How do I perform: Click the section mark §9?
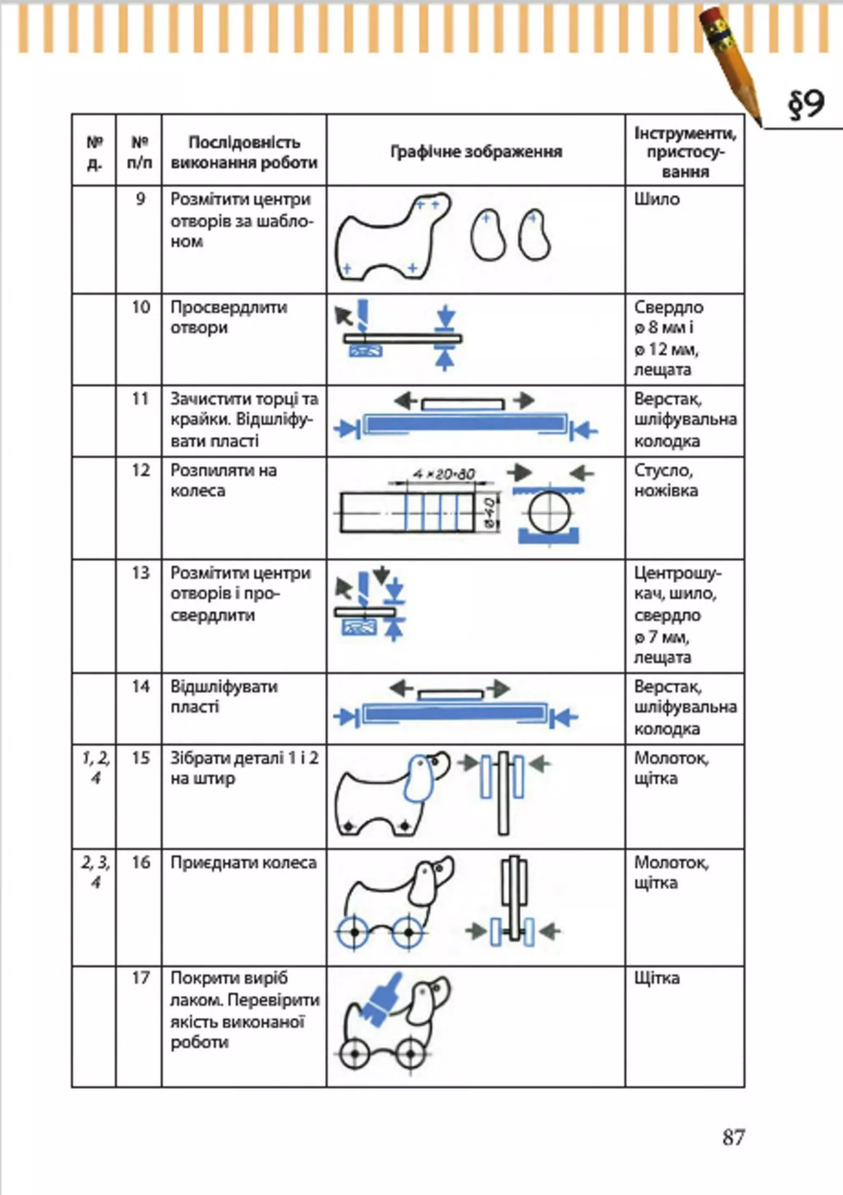point(806,105)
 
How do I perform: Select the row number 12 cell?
point(140,471)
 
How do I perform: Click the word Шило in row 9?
point(657,199)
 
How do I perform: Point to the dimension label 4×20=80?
point(444,474)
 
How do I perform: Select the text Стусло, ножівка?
point(666,480)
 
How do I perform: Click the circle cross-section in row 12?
point(550,512)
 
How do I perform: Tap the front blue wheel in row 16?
point(408,931)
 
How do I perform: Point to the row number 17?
point(140,978)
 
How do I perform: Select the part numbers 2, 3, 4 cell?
point(95,872)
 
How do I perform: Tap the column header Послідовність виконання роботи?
point(244,152)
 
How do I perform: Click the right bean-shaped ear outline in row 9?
point(534,235)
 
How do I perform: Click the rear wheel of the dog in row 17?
point(355,1053)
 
